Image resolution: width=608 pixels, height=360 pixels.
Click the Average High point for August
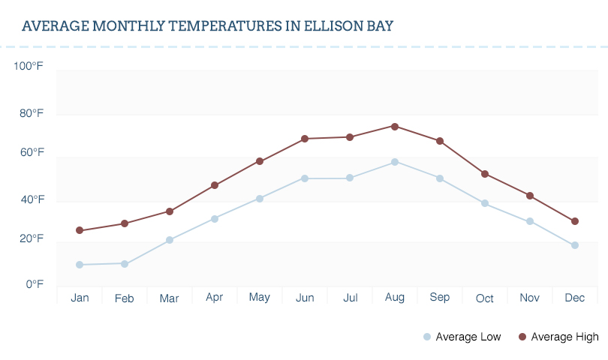tap(395, 126)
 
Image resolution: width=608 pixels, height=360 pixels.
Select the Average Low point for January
tap(80, 265)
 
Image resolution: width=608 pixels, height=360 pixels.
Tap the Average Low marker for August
tap(395, 162)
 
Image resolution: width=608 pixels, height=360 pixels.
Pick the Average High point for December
tap(575, 221)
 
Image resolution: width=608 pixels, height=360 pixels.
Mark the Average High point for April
tap(215, 185)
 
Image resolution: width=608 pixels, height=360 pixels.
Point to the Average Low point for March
tap(170, 240)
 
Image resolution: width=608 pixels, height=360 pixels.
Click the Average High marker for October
tap(485, 174)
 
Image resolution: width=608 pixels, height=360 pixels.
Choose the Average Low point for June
tap(305, 178)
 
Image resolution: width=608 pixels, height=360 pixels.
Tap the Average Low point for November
tap(530, 221)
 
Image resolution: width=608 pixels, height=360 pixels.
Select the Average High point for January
tap(80, 230)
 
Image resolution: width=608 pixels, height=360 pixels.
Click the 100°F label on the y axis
tap(29, 67)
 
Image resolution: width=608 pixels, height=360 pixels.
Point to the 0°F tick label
tap(35, 284)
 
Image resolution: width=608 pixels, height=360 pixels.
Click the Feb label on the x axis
tap(125, 298)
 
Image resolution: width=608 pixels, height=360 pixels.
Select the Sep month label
tap(440, 298)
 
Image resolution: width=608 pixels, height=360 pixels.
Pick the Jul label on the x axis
tap(350, 298)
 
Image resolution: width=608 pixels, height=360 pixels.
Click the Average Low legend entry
tap(462, 337)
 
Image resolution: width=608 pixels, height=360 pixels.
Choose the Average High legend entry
tap(558, 337)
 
